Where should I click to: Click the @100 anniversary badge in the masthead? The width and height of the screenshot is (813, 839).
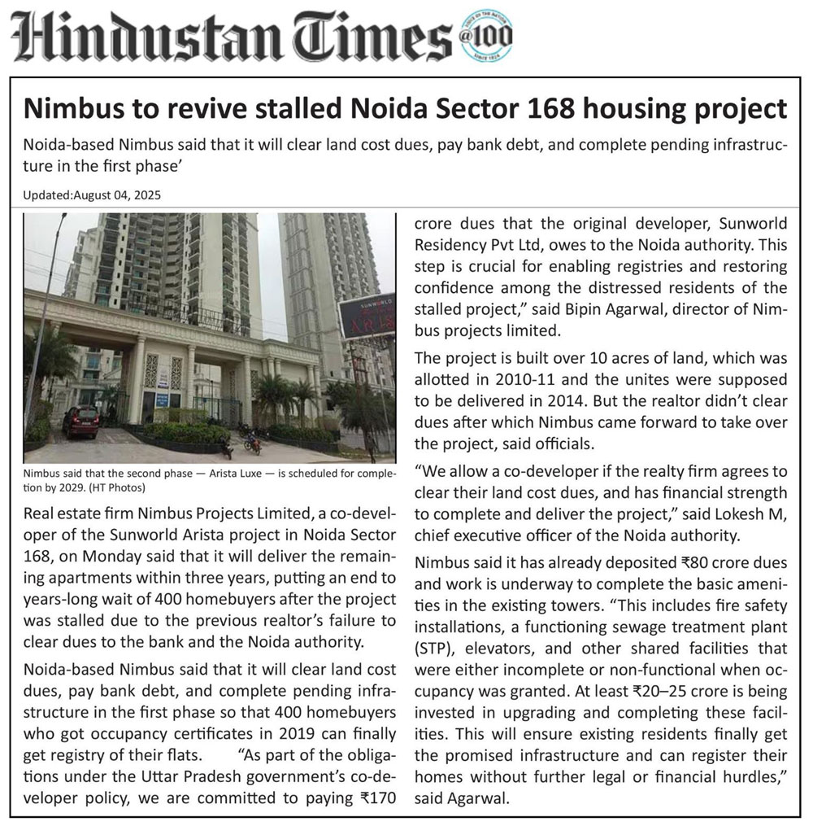(x=486, y=37)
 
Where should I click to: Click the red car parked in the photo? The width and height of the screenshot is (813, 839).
(x=81, y=420)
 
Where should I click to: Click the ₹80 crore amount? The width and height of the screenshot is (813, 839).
(x=674, y=562)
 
